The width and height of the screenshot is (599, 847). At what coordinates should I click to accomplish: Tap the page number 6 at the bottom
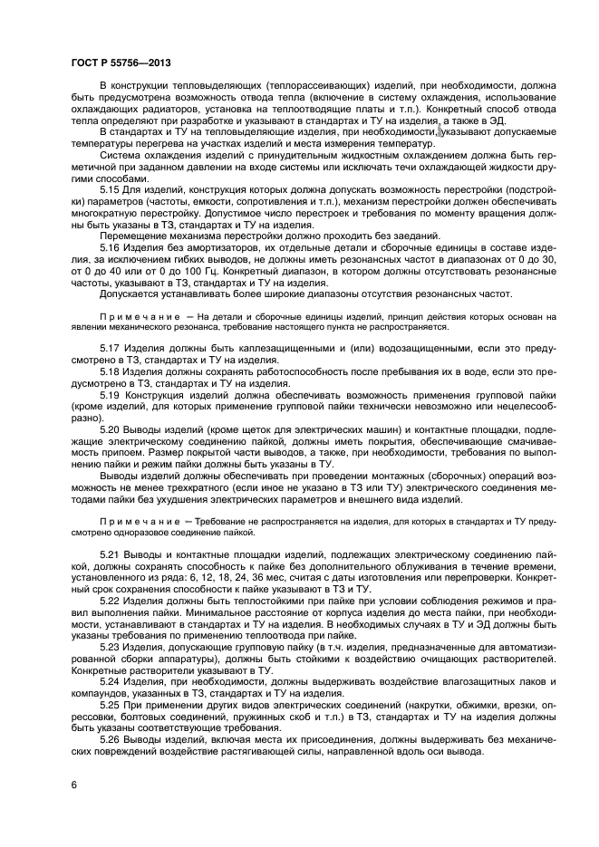point(73,783)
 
